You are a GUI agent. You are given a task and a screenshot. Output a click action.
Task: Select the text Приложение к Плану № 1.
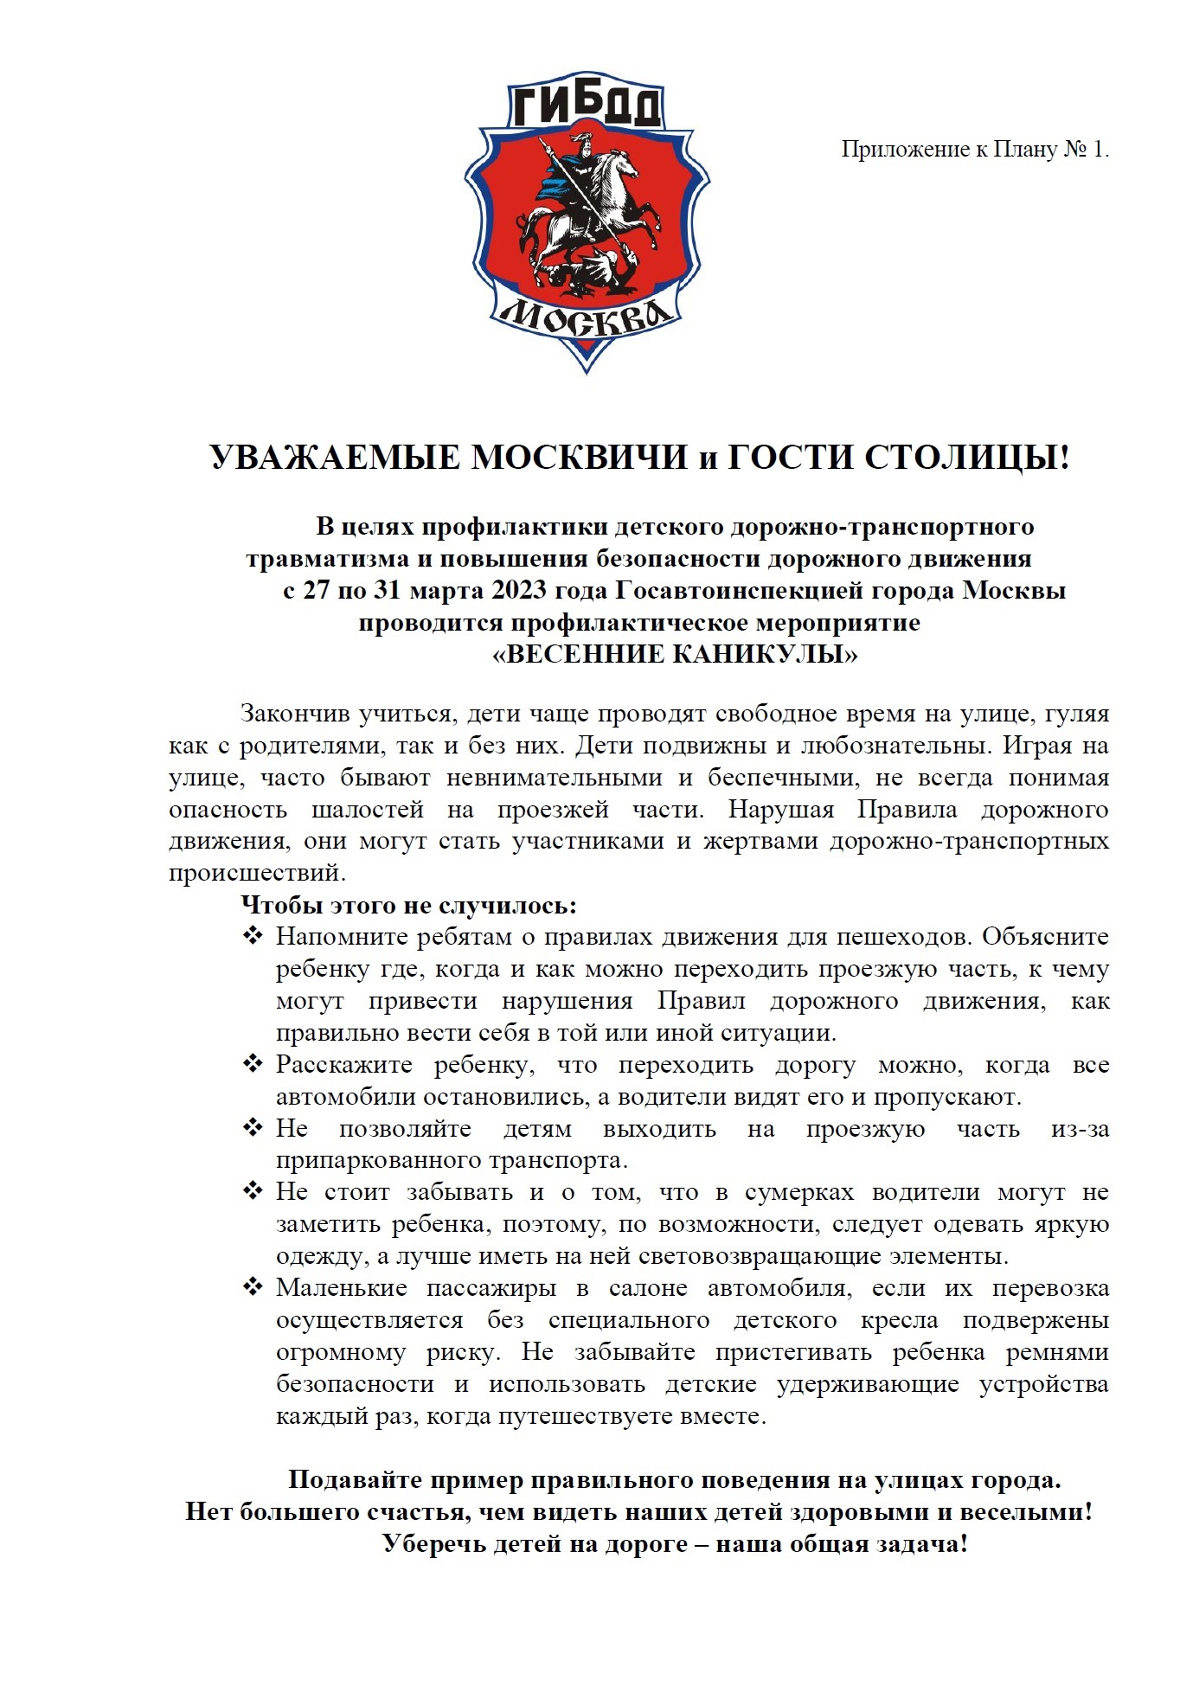975,150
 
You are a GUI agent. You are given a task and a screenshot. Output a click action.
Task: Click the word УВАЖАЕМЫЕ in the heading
333,458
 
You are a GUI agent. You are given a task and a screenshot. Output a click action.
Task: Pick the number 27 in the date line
316,591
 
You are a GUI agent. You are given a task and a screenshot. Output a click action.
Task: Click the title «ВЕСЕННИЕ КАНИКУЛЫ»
675,655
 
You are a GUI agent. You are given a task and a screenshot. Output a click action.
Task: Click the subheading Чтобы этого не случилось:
408,906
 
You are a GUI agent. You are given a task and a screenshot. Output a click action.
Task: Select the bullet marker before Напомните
253,936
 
